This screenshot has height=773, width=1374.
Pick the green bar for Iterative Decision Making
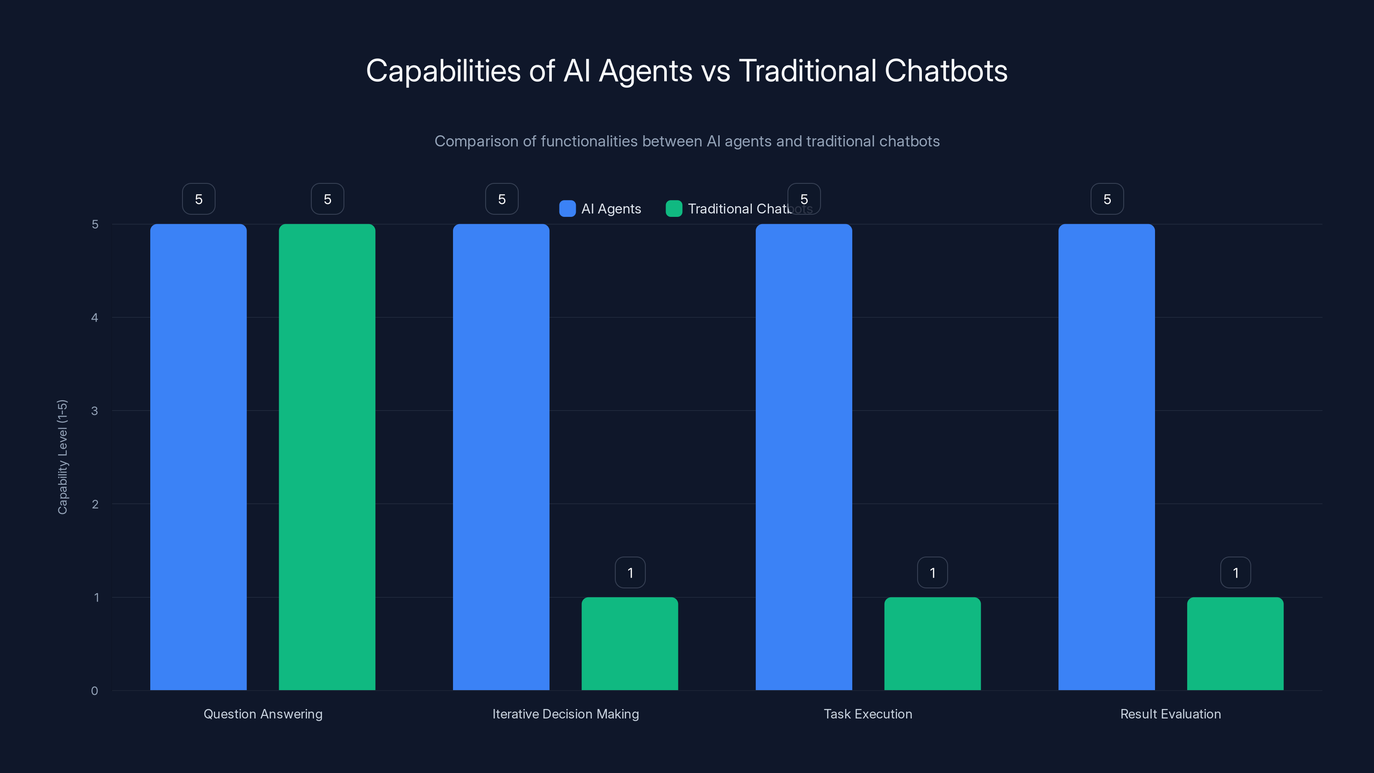pyautogui.click(x=629, y=643)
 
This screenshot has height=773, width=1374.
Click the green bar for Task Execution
pyautogui.click(x=932, y=643)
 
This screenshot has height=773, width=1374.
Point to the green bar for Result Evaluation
pyautogui.click(x=1235, y=643)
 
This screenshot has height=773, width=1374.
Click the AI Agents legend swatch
pyautogui.click(x=567, y=209)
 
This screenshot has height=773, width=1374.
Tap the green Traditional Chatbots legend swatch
pyautogui.click(x=674, y=209)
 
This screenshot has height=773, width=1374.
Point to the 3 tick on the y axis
pyautogui.click(x=94, y=411)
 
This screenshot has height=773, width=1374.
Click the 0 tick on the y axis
pyautogui.click(x=94, y=691)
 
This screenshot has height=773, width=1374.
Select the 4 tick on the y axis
pyautogui.click(x=94, y=317)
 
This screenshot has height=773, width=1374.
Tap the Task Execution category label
pyautogui.click(x=868, y=714)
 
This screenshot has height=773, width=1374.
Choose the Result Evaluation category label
pyautogui.click(x=1170, y=714)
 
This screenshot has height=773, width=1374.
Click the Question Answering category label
pyautogui.click(x=263, y=714)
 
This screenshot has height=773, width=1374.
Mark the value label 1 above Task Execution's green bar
pyautogui.click(x=932, y=572)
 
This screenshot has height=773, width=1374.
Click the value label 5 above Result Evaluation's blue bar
pyautogui.click(x=1107, y=199)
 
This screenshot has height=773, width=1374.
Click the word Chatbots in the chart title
pyautogui.click(x=945, y=70)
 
